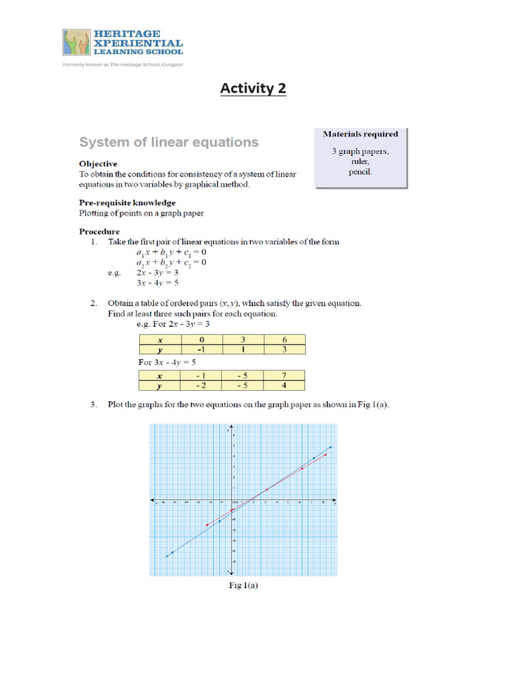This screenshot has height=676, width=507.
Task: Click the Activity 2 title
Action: click(253, 88)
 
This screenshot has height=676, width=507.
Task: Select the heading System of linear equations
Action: click(169, 142)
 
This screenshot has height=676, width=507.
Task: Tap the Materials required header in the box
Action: click(360, 134)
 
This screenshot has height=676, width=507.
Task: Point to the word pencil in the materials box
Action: click(360, 172)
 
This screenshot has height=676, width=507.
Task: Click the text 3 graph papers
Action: click(360, 151)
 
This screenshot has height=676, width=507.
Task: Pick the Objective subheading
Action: click(98, 164)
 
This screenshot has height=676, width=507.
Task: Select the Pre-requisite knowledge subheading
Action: click(127, 203)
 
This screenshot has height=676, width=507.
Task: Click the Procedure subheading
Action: click(100, 232)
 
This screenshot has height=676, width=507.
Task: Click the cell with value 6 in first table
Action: click(285, 339)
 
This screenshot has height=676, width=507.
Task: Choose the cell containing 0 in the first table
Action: click(201, 339)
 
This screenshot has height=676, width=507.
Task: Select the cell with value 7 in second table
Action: click(285, 375)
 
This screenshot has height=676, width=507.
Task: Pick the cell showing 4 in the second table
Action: click(285, 385)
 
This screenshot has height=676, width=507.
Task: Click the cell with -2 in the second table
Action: click(201, 385)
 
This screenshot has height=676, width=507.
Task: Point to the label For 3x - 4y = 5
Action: click(167, 362)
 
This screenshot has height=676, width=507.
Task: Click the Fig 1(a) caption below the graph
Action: click(243, 584)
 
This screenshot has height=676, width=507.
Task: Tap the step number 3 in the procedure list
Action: click(94, 405)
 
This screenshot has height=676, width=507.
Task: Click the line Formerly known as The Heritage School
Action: click(123, 65)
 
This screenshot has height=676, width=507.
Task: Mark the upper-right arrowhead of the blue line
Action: click(330, 448)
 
